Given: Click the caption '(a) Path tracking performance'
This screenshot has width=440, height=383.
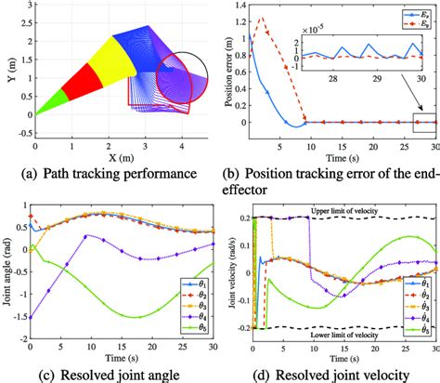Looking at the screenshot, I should point(110,173).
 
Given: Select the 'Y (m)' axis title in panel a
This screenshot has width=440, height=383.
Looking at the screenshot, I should point(9,71).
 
